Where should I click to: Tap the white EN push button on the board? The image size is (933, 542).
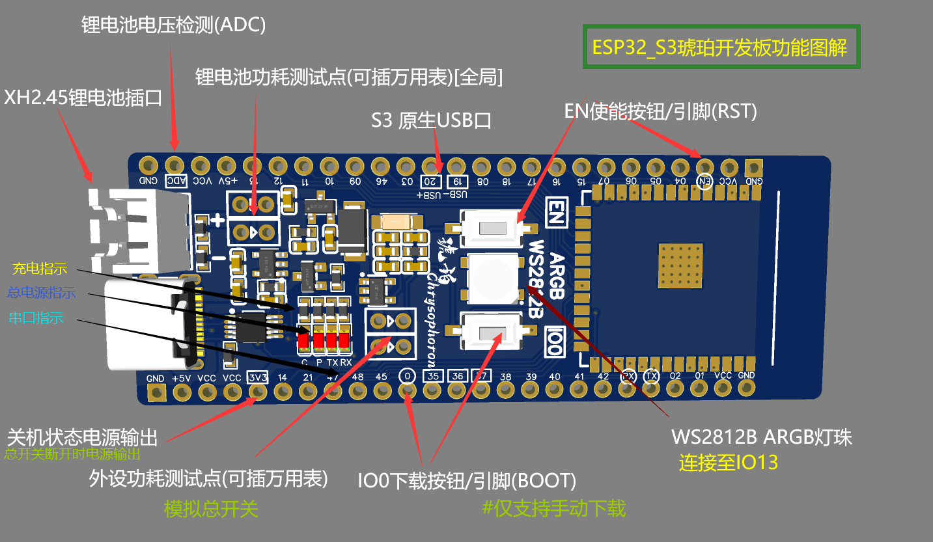(492, 228)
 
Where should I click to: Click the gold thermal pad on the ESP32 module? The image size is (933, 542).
(680, 265)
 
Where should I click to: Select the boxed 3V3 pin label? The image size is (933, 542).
(258, 377)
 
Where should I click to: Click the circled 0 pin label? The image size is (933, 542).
(407, 376)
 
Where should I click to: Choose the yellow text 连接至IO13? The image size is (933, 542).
(729, 463)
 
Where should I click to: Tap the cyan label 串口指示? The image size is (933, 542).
(36, 318)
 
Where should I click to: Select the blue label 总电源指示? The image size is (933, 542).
(41, 293)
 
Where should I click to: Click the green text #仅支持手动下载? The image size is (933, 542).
(553, 508)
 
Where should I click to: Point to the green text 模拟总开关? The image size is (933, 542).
(211, 508)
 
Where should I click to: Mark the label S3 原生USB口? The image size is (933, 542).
(430, 120)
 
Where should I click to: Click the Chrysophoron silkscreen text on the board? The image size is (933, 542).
(433, 306)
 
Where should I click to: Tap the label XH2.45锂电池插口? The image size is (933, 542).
(83, 98)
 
